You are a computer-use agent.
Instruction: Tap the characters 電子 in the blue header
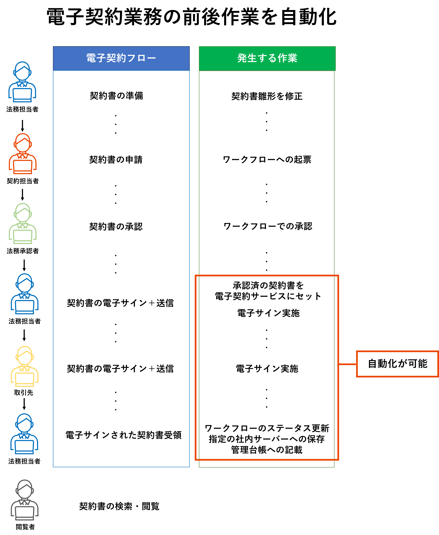tap(96, 58)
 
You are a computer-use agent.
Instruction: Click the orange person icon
tap(23, 154)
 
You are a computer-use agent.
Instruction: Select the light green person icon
tap(23, 223)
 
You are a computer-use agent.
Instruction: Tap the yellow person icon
tap(25, 366)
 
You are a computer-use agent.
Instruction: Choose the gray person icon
tap(25, 500)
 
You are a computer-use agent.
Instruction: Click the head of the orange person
tap(23, 143)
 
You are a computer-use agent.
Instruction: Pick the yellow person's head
tap(25, 356)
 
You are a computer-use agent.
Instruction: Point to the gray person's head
tap(25, 489)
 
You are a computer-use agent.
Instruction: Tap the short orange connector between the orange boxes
tap(347, 364)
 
